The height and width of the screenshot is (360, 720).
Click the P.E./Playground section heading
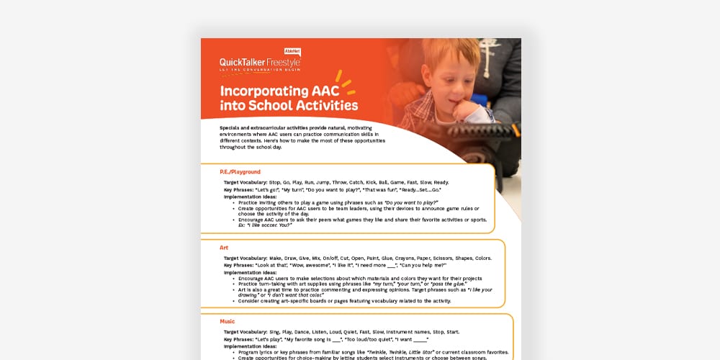(240, 172)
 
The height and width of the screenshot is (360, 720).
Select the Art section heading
(224, 248)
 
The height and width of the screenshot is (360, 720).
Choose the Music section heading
(228, 321)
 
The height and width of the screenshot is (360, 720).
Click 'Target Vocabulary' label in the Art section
(246, 258)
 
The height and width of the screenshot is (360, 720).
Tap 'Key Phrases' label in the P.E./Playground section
(240, 190)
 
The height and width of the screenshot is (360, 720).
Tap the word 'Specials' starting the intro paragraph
(233, 127)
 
